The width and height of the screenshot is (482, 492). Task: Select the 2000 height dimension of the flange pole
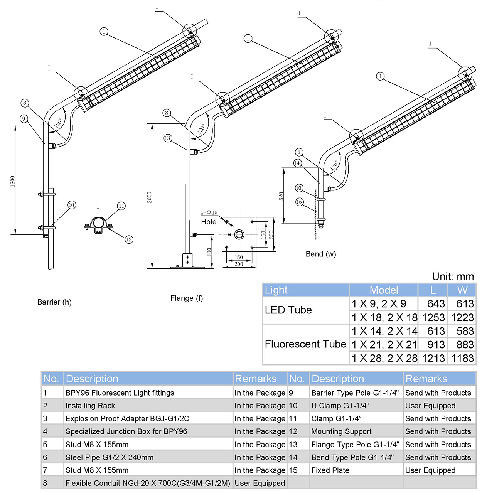point(150,197)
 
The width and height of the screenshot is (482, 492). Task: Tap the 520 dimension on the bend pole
point(281,196)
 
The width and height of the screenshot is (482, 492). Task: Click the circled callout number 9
point(24,118)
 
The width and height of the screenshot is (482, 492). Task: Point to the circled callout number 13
point(167,138)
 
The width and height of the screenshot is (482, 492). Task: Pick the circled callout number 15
point(299,202)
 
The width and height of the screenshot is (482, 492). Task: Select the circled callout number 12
point(129,239)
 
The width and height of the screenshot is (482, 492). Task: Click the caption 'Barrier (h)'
point(54,302)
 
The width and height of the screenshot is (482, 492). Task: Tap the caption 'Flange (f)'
point(187,298)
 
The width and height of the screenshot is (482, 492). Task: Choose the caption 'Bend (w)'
point(321,254)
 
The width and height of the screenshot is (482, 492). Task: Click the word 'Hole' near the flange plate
point(209,222)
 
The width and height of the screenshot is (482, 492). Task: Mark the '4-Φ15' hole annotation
point(209,212)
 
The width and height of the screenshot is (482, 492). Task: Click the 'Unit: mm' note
point(453,276)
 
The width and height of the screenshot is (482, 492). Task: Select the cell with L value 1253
point(433,317)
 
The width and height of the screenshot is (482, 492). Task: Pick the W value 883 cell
point(462,344)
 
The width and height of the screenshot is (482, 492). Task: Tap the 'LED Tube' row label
point(288,310)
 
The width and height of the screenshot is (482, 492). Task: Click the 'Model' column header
point(384,290)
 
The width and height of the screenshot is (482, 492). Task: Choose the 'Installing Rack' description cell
point(90,406)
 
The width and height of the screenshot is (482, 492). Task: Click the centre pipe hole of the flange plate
point(239,234)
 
